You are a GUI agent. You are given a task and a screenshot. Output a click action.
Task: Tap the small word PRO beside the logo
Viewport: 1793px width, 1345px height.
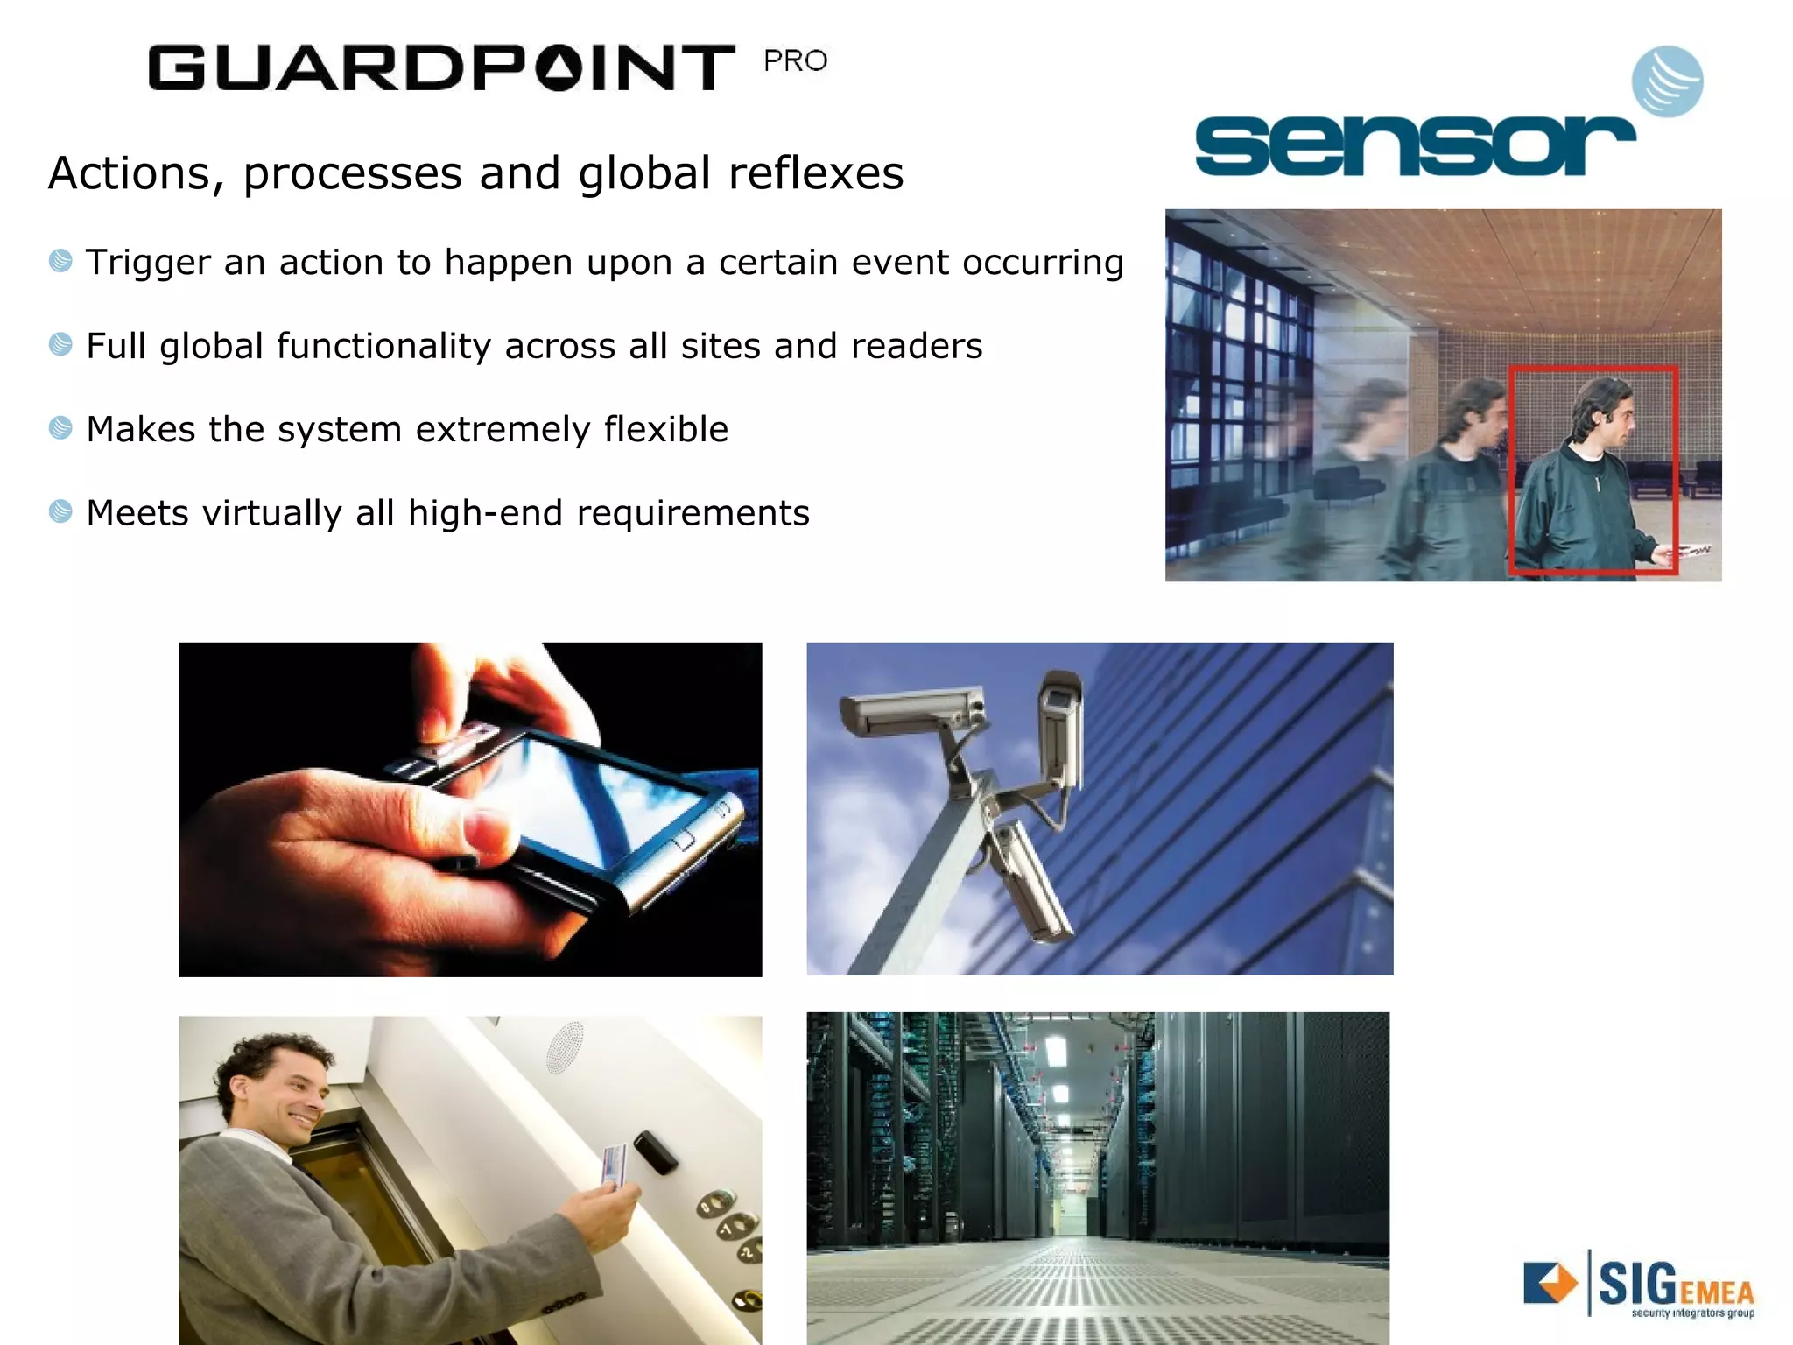tap(795, 61)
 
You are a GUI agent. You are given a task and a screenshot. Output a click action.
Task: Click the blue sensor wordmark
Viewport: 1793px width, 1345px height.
tap(1413, 146)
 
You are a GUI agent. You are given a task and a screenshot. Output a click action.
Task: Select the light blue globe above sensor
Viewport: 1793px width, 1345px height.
tap(1667, 81)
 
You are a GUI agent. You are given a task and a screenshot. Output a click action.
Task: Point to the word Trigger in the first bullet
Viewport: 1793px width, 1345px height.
tap(148, 262)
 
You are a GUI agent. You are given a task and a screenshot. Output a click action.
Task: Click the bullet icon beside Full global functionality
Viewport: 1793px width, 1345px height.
tap(60, 344)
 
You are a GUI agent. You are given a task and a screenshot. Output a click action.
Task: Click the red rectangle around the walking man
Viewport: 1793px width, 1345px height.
tap(1593, 470)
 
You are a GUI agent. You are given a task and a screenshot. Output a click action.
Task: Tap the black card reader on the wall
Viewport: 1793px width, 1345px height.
tap(655, 1151)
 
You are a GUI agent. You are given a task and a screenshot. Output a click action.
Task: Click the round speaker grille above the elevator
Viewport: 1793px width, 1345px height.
tap(565, 1046)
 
